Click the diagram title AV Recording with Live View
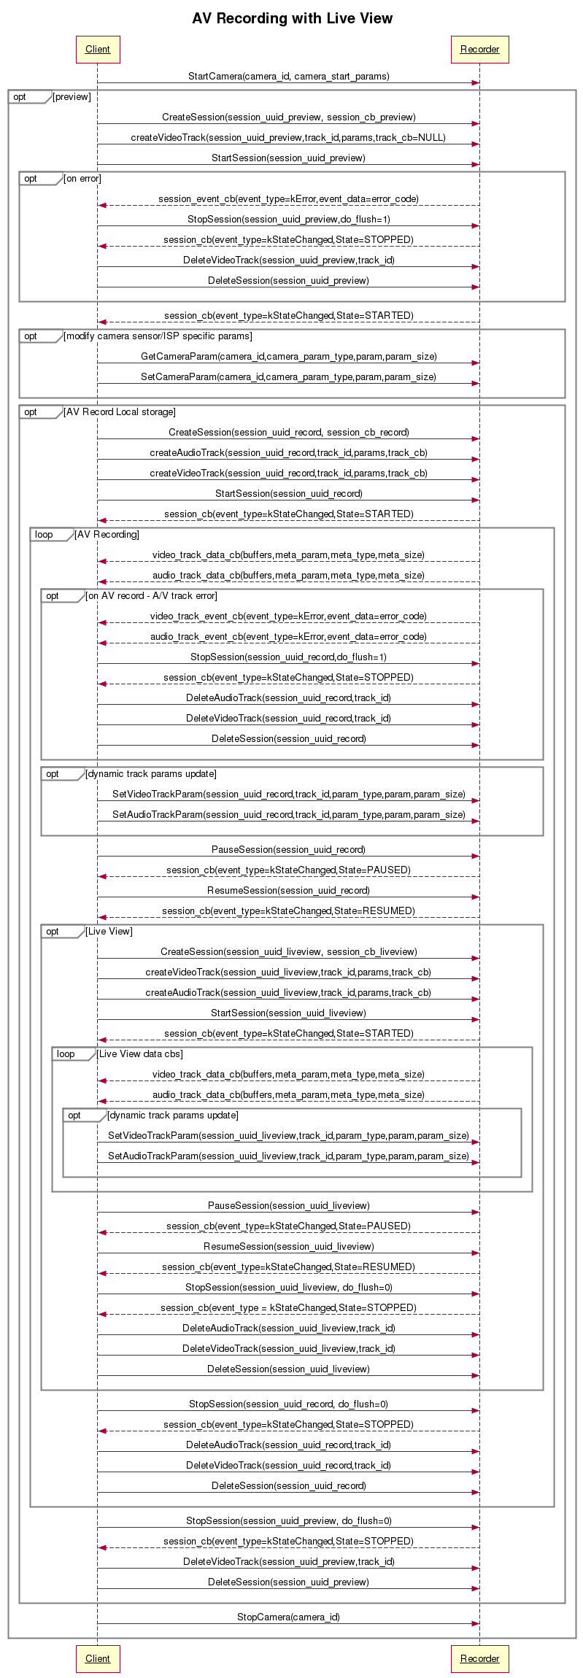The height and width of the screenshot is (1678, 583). tap(292, 18)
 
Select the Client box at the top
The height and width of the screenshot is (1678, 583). tap(98, 50)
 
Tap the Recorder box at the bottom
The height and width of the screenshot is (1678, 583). tap(479, 1658)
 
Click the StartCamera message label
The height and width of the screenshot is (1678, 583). tap(288, 76)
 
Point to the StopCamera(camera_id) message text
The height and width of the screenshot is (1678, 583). tap(288, 1617)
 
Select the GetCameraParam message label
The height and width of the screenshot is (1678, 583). tap(288, 356)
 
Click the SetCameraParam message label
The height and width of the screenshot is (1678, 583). tap(288, 376)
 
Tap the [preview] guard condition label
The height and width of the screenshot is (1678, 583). tap(72, 97)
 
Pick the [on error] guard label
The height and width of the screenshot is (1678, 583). tap(82, 179)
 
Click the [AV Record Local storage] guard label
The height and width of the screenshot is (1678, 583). tap(120, 412)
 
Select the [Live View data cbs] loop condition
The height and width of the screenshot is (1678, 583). tap(140, 1054)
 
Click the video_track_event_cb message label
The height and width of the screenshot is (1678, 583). tap(288, 616)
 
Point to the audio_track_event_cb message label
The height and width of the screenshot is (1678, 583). tap(288, 636)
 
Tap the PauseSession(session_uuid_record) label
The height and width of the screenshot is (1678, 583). tap(288, 849)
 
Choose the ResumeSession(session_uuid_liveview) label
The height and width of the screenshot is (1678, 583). tap(288, 1246)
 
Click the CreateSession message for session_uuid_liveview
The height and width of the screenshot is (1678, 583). tap(288, 951)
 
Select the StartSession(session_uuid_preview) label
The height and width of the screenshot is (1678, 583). tap(288, 158)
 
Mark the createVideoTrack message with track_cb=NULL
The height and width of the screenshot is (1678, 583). tap(288, 137)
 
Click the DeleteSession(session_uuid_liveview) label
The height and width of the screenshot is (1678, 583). tap(288, 1369)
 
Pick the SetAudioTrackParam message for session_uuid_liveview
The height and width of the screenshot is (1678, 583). tap(288, 1156)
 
